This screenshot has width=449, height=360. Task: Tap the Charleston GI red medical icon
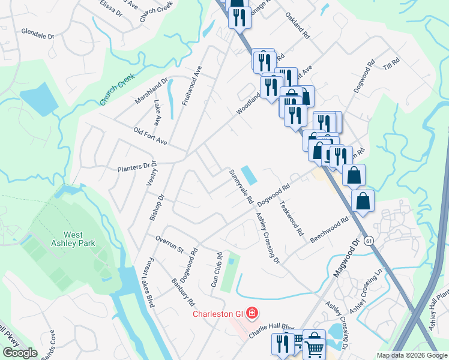(x=253, y=313)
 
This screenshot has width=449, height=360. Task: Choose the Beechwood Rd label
(x=329, y=230)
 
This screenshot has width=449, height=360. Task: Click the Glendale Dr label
(x=38, y=32)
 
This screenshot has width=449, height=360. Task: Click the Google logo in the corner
(x=20, y=353)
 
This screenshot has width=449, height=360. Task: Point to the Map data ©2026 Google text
(x=412, y=355)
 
